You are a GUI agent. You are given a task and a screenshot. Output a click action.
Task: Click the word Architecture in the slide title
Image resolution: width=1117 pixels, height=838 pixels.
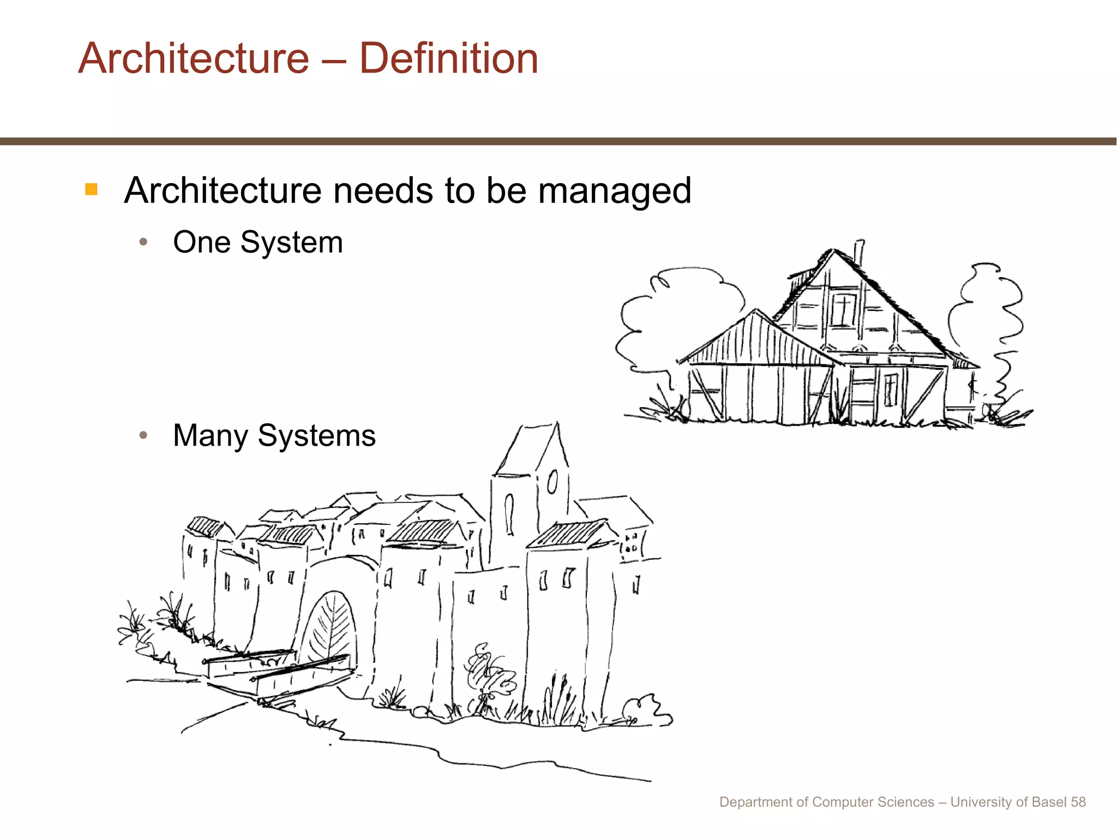coord(194,58)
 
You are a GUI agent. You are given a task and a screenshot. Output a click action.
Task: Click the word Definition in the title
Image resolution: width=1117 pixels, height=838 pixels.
coord(448,58)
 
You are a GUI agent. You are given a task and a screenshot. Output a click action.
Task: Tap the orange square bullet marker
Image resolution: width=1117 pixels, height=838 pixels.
coord(91,189)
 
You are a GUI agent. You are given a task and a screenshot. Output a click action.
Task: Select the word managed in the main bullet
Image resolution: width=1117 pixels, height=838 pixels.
coord(615,191)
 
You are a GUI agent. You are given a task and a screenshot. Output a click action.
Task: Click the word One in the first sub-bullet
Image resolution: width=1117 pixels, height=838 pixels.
coord(201,242)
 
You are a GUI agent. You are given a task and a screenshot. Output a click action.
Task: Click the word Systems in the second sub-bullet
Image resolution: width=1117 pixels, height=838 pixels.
coord(316,436)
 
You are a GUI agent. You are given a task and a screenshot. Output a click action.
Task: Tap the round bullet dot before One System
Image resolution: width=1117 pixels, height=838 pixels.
coord(143,242)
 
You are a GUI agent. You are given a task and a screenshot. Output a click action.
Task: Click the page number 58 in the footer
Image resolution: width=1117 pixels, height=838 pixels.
coord(1078,802)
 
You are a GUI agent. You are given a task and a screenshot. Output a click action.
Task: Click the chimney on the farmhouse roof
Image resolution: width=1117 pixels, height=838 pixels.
coord(858,253)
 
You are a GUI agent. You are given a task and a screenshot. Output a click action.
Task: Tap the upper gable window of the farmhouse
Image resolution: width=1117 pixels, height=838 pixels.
coord(843,309)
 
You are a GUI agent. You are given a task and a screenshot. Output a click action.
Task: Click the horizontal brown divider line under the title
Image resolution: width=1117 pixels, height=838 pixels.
coord(558,141)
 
